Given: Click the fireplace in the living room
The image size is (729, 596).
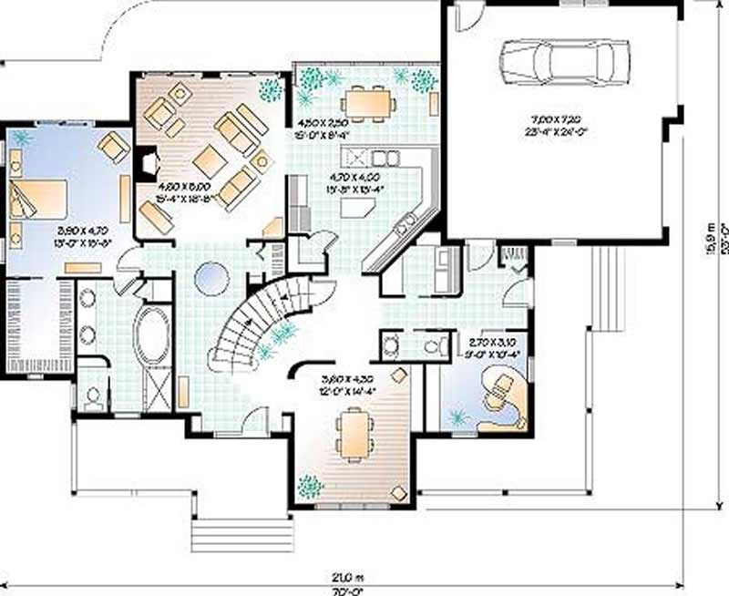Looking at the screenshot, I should (143, 165).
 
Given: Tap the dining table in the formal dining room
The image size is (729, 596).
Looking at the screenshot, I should (353, 432).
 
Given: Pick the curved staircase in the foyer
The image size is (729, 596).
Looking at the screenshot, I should (255, 324).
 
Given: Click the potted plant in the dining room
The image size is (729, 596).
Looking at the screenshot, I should (311, 486).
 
